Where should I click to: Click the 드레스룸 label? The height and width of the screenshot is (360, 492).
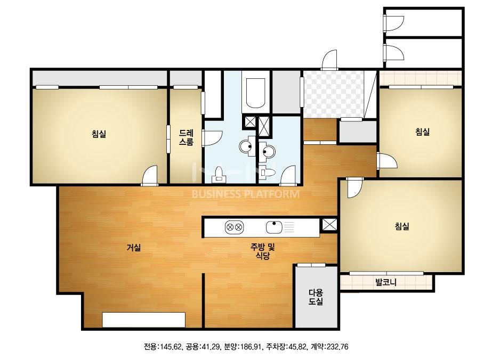click(186, 137)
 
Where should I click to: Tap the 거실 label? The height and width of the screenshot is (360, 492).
click(133, 248)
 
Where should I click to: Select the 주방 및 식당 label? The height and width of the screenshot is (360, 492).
click(263, 251)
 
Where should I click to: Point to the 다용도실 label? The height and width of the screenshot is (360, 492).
click(316, 297)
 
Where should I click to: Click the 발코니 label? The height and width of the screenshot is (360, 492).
click(386, 282)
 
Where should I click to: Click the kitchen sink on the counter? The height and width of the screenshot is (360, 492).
click(274, 227)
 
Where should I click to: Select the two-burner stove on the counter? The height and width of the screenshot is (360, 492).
click(235, 227)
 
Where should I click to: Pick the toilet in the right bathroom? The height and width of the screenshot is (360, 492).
click(268, 172)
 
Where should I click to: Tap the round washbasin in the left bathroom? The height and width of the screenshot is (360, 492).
click(246, 146)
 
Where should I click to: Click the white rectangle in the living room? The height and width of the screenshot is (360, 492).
click(144, 320)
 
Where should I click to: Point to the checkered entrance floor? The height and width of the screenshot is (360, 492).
click(333, 94)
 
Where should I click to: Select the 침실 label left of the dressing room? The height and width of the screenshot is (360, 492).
click(99, 134)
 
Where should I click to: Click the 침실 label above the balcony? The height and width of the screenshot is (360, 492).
click(402, 226)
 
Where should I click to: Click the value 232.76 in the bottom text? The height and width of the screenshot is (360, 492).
click(337, 347)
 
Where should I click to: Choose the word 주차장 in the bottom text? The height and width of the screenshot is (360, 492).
click(276, 347)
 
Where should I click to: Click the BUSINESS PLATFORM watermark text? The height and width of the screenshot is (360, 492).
click(246, 194)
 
